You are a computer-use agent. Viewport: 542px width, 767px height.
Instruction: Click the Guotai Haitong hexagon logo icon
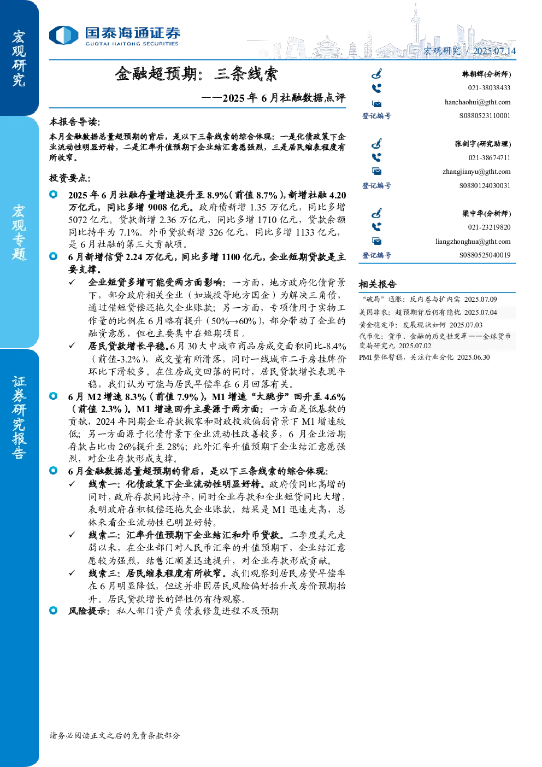click(x=64, y=36)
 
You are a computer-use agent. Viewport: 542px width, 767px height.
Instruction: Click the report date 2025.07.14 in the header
click(x=494, y=51)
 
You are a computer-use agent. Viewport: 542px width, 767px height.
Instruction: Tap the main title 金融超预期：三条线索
click(x=196, y=74)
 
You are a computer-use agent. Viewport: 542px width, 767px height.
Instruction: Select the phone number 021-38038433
click(x=489, y=88)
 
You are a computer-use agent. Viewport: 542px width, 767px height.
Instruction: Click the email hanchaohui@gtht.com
click(x=478, y=102)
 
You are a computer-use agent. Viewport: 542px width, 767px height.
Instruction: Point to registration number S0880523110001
click(x=485, y=116)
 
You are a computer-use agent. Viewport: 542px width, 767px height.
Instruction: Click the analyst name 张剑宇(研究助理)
click(x=483, y=144)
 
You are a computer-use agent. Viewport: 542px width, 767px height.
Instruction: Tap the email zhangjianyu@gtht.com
click(x=476, y=172)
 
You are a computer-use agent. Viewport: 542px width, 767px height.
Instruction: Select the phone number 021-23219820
click(x=489, y=227)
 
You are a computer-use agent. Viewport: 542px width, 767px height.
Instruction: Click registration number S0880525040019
click(x=485, y=255)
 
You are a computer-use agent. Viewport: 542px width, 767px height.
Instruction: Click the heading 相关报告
click(x=378, y=284)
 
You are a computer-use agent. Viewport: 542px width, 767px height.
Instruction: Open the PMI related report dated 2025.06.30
click(x=425, y=357)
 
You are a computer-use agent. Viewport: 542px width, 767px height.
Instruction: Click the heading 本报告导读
click(x=75, y=122)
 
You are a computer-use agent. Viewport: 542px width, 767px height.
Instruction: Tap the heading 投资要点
click(x=70, y=178)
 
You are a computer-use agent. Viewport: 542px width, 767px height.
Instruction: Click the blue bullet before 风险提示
click(x=54, y=610)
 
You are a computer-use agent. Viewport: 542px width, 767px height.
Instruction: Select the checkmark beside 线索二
click(x=72, y=535)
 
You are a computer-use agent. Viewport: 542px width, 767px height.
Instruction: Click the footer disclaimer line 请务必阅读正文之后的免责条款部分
click(x=115, y=735)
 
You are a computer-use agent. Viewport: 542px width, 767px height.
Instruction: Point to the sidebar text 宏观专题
click(x=19, y=233)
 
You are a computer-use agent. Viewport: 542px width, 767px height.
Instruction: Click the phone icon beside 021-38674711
click(x=376, y=157)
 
